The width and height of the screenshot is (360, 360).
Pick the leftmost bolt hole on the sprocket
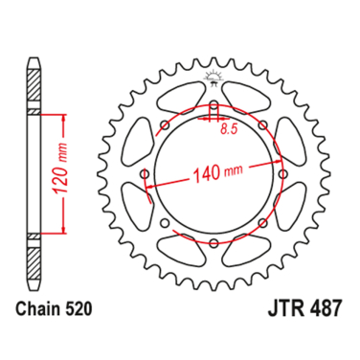click(x=145, y=173)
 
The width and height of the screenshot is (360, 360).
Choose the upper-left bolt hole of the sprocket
click(x=165, y=124)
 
